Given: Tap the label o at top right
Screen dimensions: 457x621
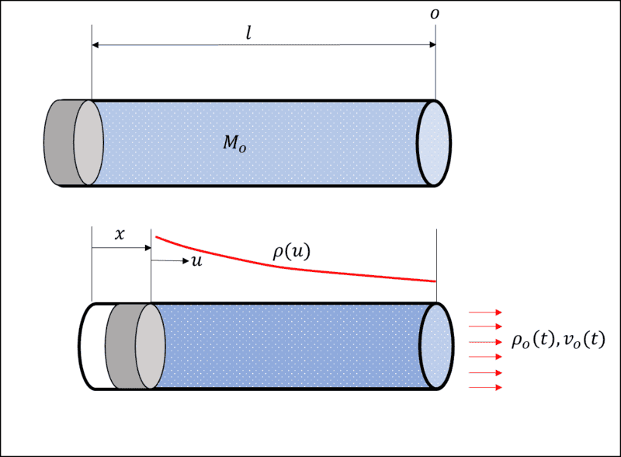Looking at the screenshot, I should point(440,14).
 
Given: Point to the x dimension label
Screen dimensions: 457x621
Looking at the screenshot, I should point(120,234).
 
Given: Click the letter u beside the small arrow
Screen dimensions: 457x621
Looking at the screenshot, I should point(196,261).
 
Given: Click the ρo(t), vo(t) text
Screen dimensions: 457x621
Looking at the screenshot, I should point(557,341).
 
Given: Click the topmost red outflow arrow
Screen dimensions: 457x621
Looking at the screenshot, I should point(486,312).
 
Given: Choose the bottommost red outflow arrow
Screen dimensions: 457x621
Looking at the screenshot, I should point(486,386).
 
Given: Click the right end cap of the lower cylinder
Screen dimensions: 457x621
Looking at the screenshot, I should point(435,347).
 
